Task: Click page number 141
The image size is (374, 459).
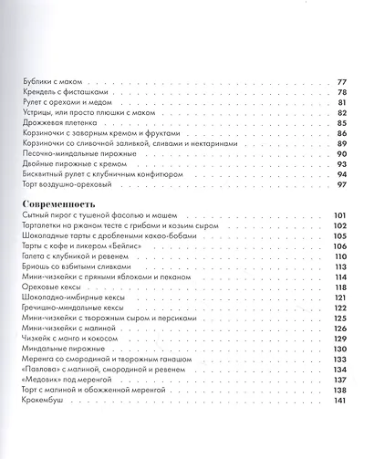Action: click(x=340, y=402)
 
